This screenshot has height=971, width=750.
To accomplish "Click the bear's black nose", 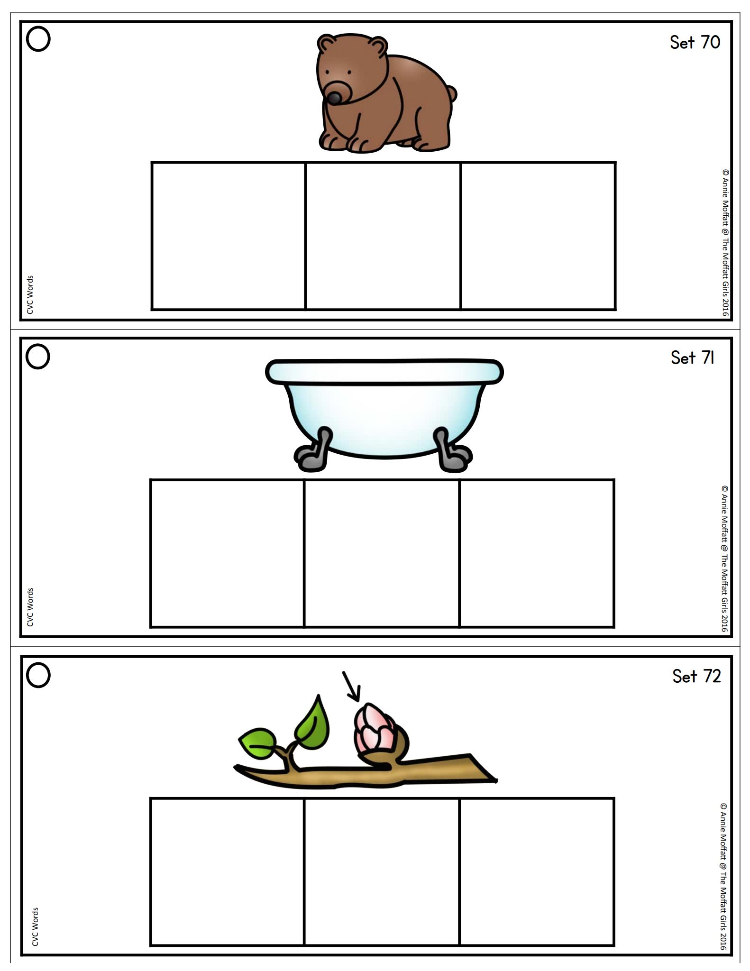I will pyautogui.click(x=334, y=98).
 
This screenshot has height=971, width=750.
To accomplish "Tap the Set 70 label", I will pyautogui.click(x=695, y=43).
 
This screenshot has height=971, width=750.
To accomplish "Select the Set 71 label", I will pyautogui.click(x=692, y=358).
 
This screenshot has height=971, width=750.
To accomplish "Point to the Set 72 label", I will pyautogui.click(x=696, y=677).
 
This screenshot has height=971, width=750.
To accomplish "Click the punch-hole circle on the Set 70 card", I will pyautogui.click(x=38, y=39).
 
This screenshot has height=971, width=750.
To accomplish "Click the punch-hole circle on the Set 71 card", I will pyautogui.click(x=37, y=357).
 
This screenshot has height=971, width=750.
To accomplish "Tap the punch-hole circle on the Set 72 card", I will pyautogui.click(x=38, y=675).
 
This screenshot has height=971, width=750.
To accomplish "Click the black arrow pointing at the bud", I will pyautogui.click(x=352, y=687).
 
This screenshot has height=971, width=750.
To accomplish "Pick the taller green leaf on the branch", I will pyautogui.click(x=313, y=721).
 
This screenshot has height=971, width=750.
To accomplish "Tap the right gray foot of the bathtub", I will pyautogui.click(x=453, y=453).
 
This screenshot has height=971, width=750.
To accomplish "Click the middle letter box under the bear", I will pyautogui.click(x=383, y=236).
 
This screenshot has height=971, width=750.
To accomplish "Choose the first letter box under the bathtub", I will pyautogui.click(x=227, y=553).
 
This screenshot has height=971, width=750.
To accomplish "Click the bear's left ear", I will pyautogui.click(x=327, y=44).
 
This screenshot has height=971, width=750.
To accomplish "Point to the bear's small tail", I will pyautogui.click(x=452, y=93).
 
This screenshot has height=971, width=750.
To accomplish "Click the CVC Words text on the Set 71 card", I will pyautogui.click(x=30, y=607).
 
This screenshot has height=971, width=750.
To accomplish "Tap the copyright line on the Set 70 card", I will pyautogui.click(x=725, y=242).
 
